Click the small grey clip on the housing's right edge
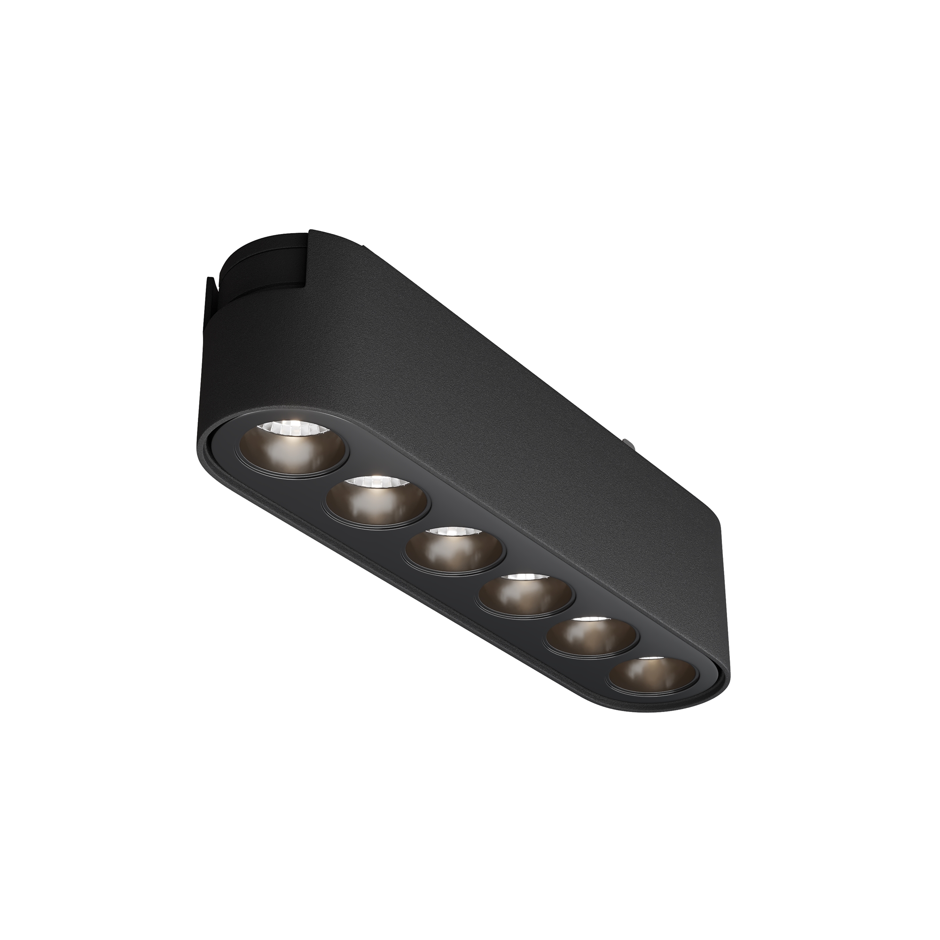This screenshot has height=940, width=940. click(x=628, y=443)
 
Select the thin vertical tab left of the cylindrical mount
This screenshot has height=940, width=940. click(x=211, y=297)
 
